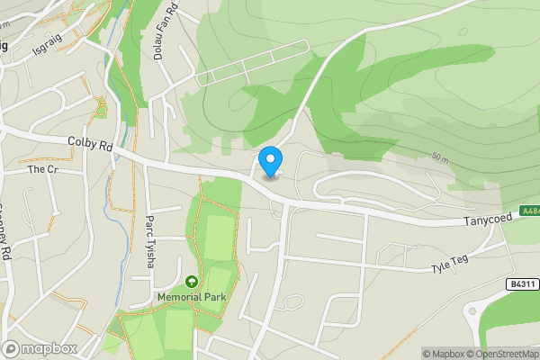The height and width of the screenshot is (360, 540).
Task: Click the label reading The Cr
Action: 42,169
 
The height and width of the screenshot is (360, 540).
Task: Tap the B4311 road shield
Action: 521,284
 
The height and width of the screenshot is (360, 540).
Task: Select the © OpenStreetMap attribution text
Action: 506,354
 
